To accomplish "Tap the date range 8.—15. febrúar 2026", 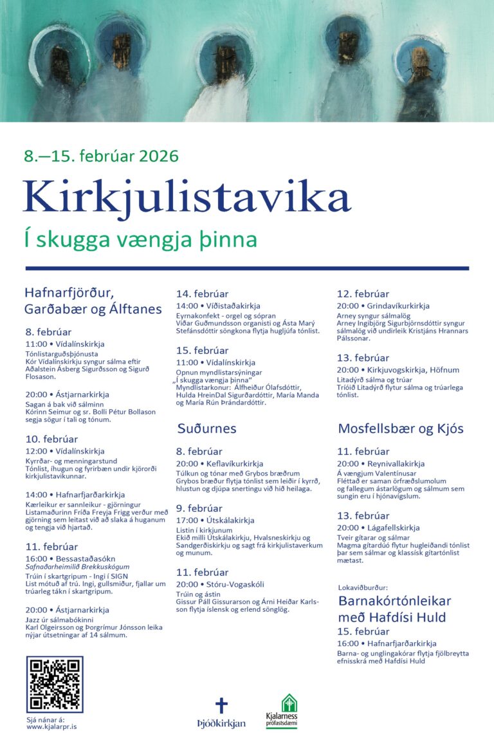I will coord(101,156).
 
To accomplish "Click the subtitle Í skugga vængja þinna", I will coord(140,239).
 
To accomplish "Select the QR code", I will coord(55,685).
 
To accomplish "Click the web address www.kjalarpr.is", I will coord(51,726).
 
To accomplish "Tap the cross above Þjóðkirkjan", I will coord(221,705).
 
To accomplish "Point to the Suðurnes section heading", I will coord(206,429).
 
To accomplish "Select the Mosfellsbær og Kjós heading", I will coord(401,429).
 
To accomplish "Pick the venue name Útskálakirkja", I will coord(229,520).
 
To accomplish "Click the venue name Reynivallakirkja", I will coord(396,463).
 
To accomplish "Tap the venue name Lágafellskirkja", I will coord(393,528).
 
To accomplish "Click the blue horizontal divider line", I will coord(247,268).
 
